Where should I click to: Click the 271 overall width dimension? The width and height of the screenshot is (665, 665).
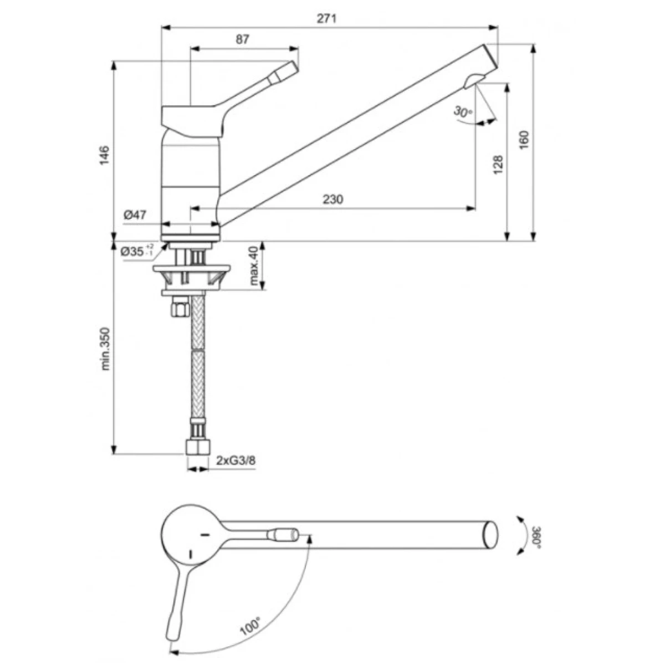(x=328, y=18)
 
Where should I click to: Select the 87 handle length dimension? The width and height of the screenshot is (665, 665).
(x=243, y=39)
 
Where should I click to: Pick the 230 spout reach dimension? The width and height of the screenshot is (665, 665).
(x=334, y=199)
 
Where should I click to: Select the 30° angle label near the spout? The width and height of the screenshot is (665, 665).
(x=463, y=111)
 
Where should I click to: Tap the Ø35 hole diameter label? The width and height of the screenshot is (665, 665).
(x=135, y=251)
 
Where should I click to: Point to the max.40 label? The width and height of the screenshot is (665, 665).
(x=254, y=266)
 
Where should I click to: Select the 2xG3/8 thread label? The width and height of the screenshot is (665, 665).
(x=236, y=461)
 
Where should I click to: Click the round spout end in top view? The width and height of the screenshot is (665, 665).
(x=491, y=534)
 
